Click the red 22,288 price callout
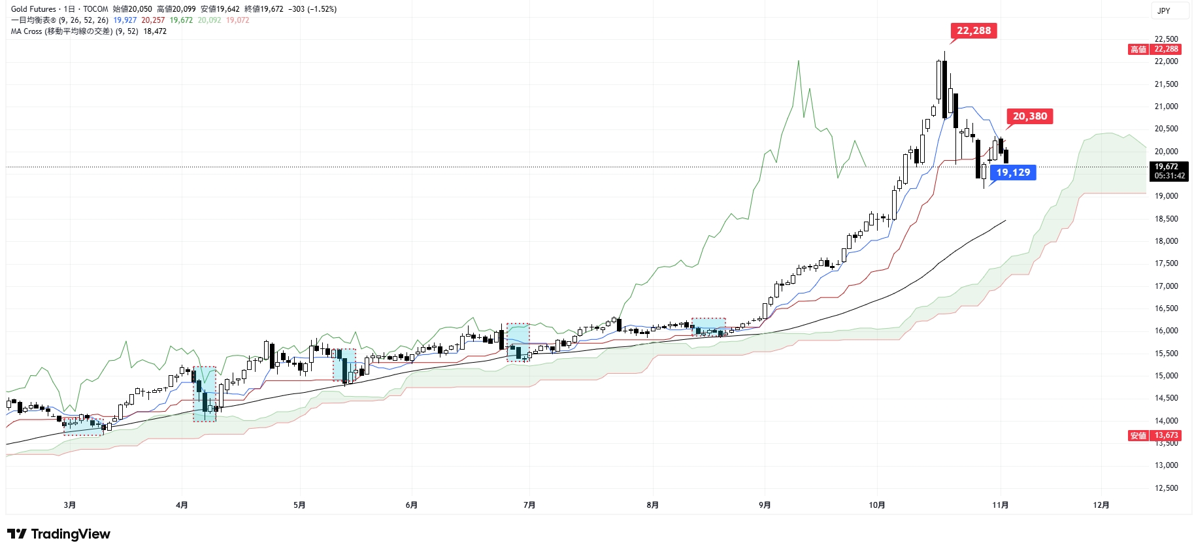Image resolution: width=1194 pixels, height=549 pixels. (x=973, y=31)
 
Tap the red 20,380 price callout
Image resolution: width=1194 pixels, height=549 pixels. (x=1029, y=116)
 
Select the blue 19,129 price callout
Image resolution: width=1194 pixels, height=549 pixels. (x=1012, y=173)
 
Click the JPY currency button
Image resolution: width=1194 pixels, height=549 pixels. (x=1164, y=10)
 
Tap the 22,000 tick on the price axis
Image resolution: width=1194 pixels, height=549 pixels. (x=1166, y=61)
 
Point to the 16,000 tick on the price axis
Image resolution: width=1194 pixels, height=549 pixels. (x=1166, y=331)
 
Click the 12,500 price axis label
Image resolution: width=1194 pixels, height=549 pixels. (x=1166, y=488)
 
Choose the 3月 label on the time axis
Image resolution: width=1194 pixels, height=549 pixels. (x=70, y=505)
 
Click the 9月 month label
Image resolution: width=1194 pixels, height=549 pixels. (x=765, y=505)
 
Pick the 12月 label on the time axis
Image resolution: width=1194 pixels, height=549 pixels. (x=1101, y=505)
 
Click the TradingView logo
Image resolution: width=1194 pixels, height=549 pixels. (x=59, y=534)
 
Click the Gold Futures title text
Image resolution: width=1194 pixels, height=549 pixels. (x=33, y=9)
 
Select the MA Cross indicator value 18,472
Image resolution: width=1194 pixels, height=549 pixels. (x=155, y=31)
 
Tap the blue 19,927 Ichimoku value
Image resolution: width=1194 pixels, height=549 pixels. (x=125, y=20)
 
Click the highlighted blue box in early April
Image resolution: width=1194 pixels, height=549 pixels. (x=205, y=394)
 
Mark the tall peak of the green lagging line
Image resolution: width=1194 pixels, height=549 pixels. (x=798, y=61)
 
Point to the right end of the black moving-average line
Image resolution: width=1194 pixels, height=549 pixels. (x=1005, y=221)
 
